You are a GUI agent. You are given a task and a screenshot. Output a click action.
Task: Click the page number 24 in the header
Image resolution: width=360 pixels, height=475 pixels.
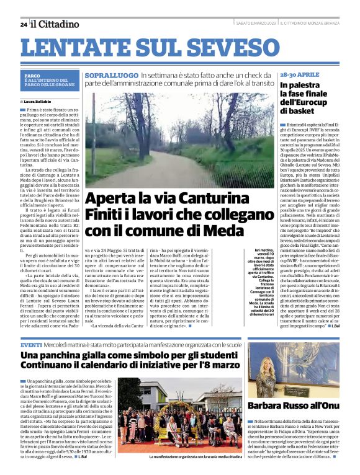tap(23, 24)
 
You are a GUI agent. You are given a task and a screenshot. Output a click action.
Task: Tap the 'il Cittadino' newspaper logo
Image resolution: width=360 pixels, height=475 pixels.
tap(56, 24)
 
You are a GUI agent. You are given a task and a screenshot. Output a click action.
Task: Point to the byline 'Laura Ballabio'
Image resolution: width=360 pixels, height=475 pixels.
tap(38, 100)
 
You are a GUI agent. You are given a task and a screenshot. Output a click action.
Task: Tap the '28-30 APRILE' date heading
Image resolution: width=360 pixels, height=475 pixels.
tap(299, 74)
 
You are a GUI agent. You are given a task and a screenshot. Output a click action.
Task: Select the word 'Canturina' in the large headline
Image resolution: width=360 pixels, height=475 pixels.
tap(230, 200)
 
